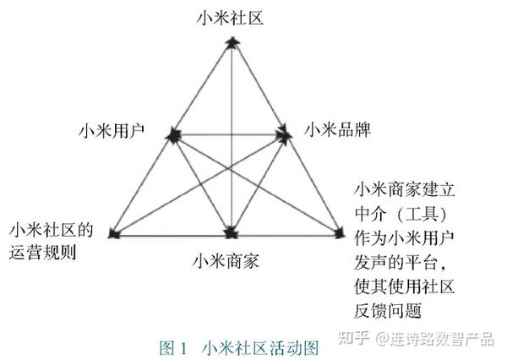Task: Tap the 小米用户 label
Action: [x=110, y=131]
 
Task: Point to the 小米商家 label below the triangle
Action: [x=226, y=258]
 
